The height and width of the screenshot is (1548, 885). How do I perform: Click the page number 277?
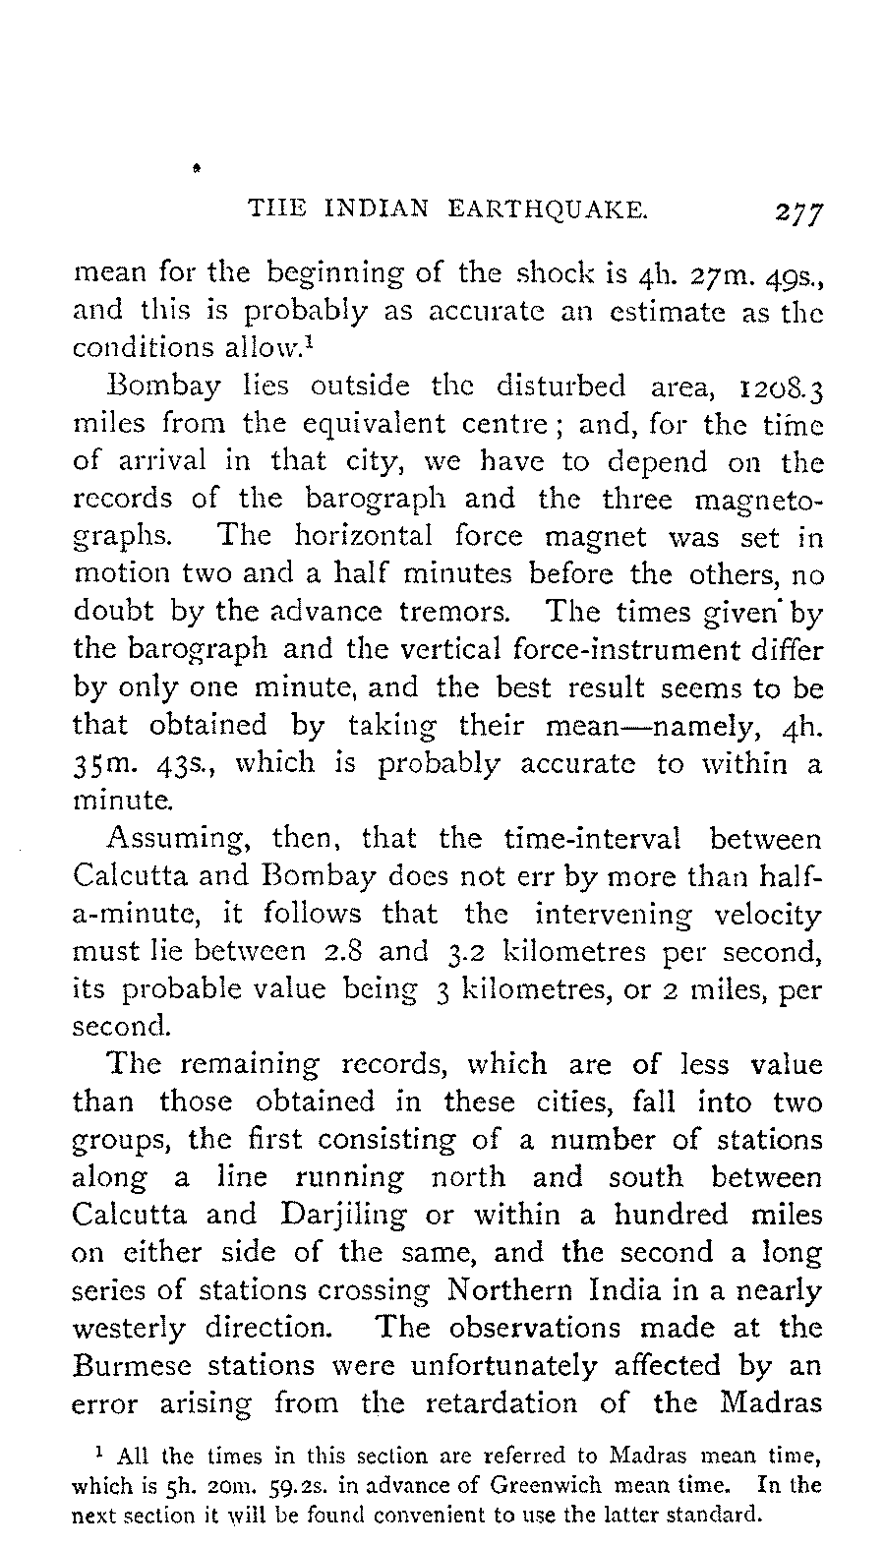pyautogui.click(x=797, y=213)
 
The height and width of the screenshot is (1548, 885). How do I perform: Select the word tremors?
pyautogui.click(x=454, y=612)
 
